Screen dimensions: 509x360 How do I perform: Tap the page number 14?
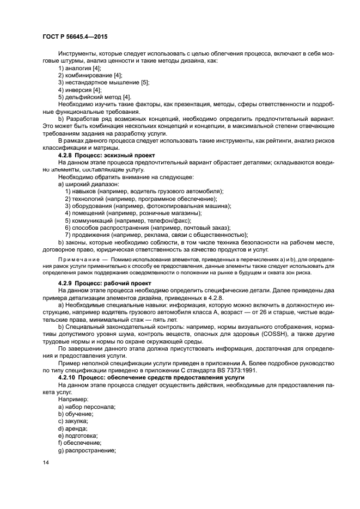click(x=46, y=462)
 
